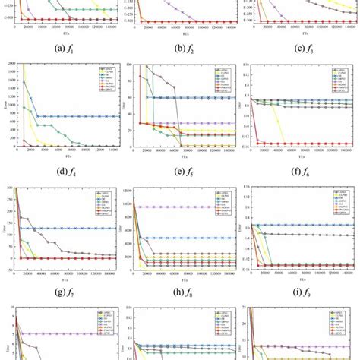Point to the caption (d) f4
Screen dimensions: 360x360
(61, 172)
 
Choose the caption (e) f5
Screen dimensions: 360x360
(180, 172)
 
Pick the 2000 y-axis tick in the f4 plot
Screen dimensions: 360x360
(8, 67)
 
